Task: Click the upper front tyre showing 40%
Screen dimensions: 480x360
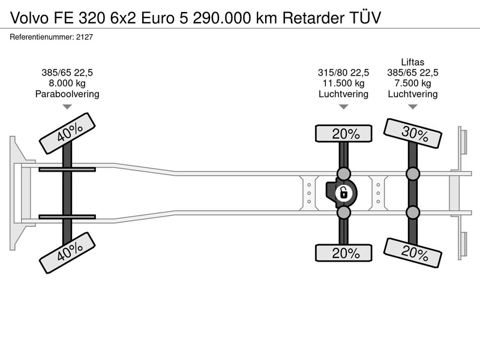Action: (x=67, y=133)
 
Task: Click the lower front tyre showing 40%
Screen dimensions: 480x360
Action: (x=67, y=253)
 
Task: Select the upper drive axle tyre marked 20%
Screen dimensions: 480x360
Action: (x=343, y=133)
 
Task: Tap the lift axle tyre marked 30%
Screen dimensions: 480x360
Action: (x=413, y=133)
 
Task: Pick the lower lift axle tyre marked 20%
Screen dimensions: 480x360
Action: (x=413, y=253)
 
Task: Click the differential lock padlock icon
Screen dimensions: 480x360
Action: (x=343, y=193)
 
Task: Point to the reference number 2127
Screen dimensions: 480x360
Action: (x=85, y=37)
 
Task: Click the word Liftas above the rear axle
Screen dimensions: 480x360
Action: (x=413, y=62)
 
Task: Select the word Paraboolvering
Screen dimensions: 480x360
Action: (x=67, y=94)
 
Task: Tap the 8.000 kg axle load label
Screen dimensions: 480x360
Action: (x=67, y=83)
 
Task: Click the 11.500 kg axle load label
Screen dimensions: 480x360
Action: (x=343, y=83)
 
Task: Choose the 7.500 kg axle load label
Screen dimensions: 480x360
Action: (x=413, y=83)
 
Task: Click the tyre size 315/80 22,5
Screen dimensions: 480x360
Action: (x=343, y=73)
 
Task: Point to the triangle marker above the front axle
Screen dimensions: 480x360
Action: (x=67, y=107)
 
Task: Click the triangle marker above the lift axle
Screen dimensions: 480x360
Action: (x=413, y=107)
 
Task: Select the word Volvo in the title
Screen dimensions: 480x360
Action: (x=29, y=18)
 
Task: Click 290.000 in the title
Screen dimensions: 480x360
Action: (x=221, y=18)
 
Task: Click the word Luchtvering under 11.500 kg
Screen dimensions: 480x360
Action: (x=343, y=94)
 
